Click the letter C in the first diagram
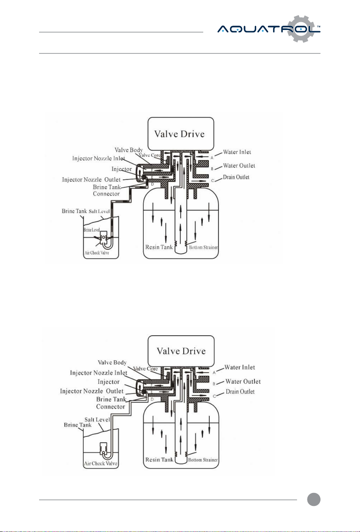(212, 179)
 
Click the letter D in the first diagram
(152, 185)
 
